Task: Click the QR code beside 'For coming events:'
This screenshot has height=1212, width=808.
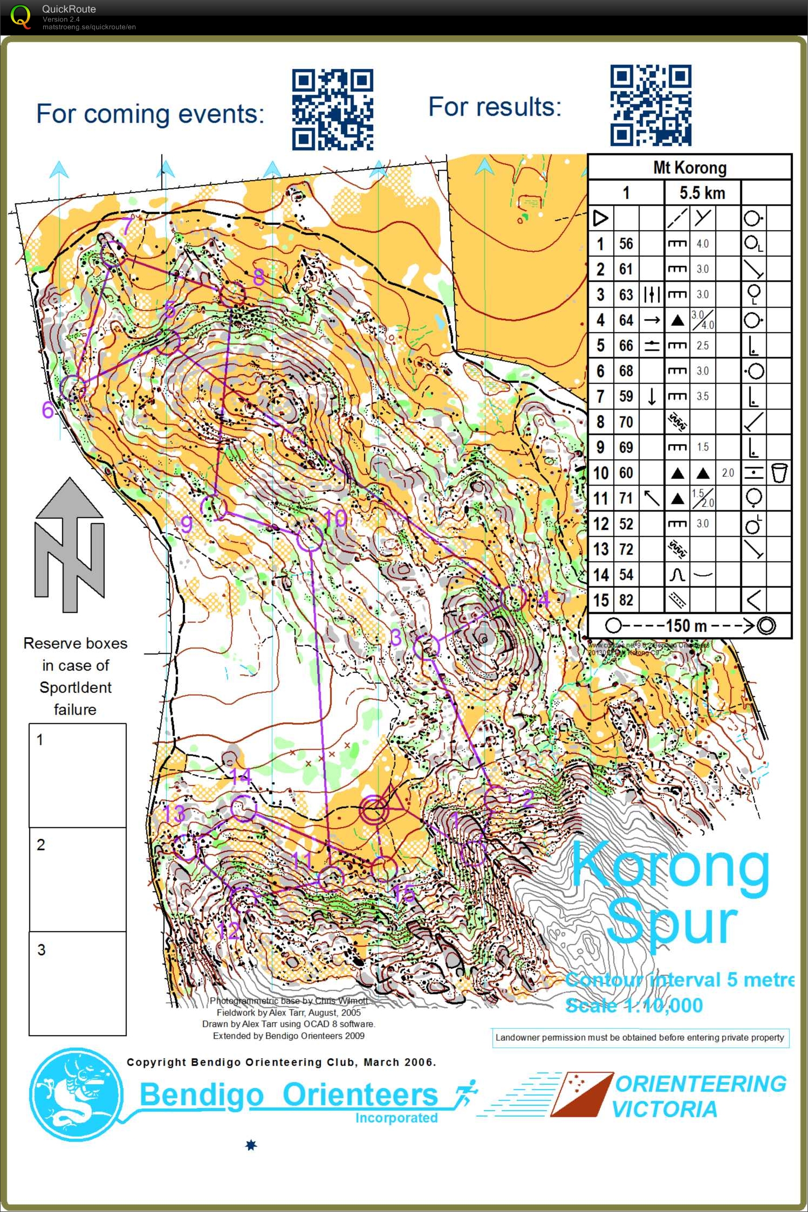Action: pos(332,109)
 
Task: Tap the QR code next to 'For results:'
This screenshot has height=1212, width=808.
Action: pos(650,106)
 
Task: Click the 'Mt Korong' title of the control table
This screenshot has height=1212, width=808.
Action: pos(689,167)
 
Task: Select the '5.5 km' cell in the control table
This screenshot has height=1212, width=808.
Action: pos(702,192)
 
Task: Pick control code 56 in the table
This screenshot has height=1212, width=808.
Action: pos(626,244)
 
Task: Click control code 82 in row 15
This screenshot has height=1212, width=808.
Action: pos(626,600)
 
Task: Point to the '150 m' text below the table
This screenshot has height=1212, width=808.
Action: pos(686,626)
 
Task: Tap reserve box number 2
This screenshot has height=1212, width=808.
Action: pos(78,879)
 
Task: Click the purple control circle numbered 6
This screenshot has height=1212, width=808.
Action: pos(72,388)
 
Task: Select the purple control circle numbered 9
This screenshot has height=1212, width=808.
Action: pos(214,507)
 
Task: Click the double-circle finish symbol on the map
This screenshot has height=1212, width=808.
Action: pos(374,810)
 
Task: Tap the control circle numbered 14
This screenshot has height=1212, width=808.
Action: pos(243,808)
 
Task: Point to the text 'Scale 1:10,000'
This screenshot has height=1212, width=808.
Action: pos(634,1006)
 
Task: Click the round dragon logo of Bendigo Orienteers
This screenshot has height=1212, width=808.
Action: pos(76,1094)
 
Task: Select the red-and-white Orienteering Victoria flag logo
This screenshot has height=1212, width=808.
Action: pos(581,1094)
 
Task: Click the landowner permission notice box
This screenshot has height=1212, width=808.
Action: pos(640,1037)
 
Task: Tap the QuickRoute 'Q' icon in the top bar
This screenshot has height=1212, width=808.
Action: pos(20,17)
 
